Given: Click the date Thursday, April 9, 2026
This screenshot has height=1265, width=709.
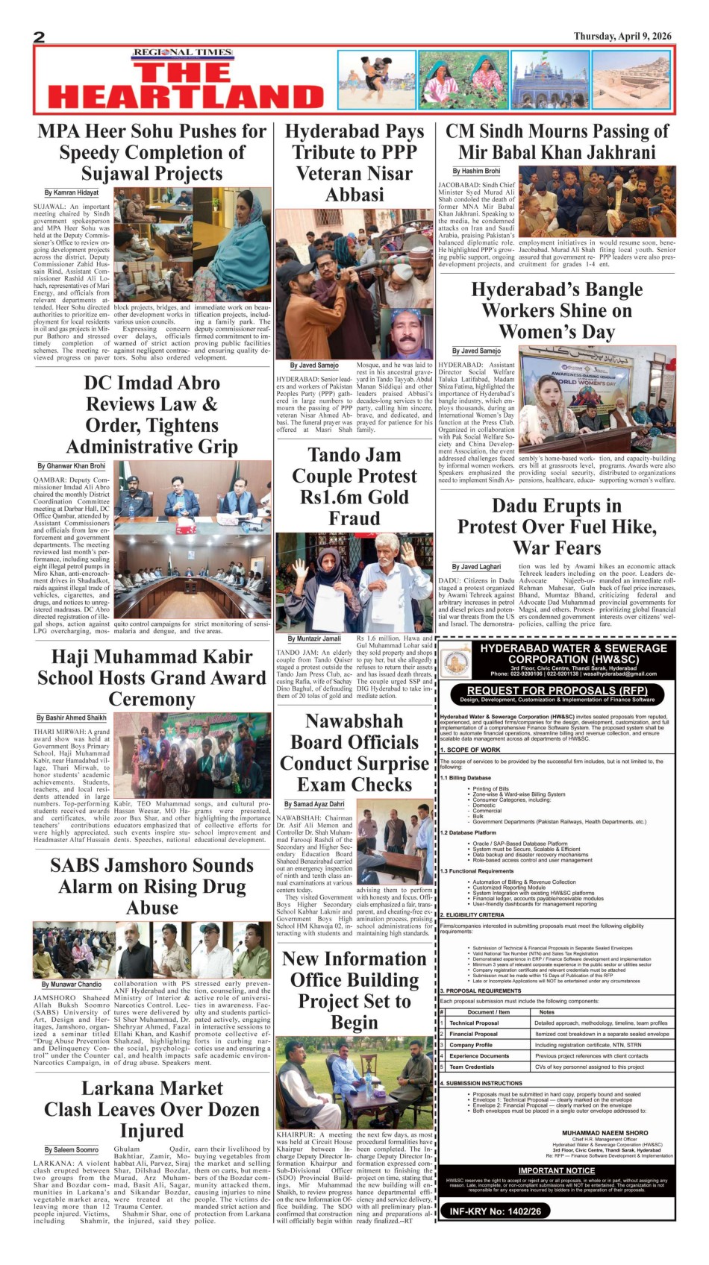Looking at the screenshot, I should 622,36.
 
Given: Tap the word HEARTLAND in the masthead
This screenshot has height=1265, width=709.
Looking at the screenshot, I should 185,97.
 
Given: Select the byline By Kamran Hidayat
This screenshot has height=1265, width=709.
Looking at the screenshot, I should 71,192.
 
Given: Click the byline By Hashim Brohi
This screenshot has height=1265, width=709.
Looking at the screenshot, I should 477,171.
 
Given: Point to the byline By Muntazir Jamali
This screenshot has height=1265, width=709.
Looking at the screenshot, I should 314,638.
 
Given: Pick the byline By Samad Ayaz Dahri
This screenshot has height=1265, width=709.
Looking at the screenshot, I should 314,804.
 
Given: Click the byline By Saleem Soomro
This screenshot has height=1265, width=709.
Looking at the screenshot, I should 71,1149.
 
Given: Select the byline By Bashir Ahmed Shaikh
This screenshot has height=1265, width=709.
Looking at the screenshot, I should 71,718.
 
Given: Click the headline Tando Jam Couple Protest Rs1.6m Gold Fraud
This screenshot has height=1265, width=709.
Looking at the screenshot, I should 354,486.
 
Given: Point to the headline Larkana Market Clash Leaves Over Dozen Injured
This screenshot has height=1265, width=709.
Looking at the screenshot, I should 152,1109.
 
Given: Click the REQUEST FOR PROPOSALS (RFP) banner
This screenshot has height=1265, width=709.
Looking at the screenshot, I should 557,691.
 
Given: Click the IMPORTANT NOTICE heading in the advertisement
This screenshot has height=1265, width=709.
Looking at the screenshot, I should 557,1170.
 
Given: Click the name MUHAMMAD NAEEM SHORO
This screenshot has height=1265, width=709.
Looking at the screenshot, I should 605,1132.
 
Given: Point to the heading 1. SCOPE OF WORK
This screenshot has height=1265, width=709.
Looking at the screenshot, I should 470,750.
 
